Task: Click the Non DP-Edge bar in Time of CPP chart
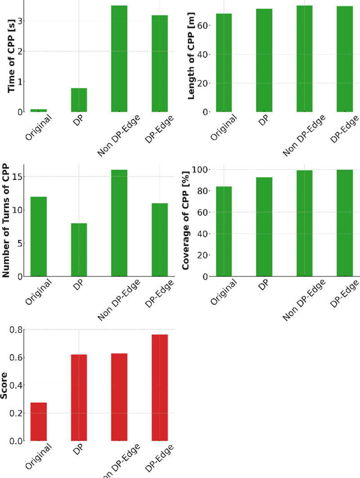coord(119,59)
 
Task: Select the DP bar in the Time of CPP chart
coord(79,100)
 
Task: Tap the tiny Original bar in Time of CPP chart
coord(39,110)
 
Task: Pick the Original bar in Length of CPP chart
coord(224,63)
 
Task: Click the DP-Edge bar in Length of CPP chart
coord(345,59)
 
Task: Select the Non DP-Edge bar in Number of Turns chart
coord(119,223)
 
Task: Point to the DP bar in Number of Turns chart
coord(79,250)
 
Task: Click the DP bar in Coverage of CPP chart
coord(264,227)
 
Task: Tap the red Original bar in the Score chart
coord(39,422)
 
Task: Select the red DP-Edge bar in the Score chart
coord(160,388)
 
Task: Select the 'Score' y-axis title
coord(4,386)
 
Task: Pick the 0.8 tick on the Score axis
coord(17,330)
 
